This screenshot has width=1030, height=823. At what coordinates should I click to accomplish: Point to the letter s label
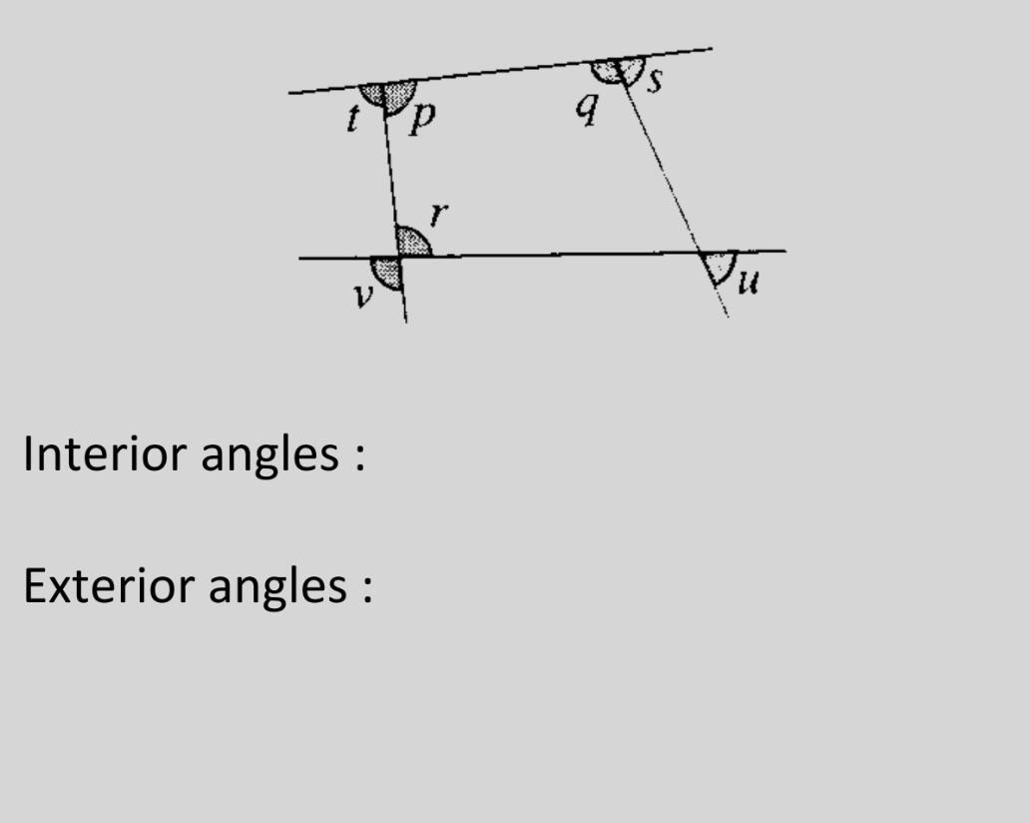tap(655, 80)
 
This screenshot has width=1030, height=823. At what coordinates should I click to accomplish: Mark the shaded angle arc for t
tap(372, 95)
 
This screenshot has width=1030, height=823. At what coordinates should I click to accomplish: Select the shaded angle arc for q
tap(606, 72)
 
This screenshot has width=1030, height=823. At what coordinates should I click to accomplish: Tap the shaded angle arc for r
tap(410, 243)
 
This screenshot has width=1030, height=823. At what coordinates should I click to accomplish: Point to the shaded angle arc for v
tap(386, 272)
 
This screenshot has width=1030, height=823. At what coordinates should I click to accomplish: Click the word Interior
tap(105, 454)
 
